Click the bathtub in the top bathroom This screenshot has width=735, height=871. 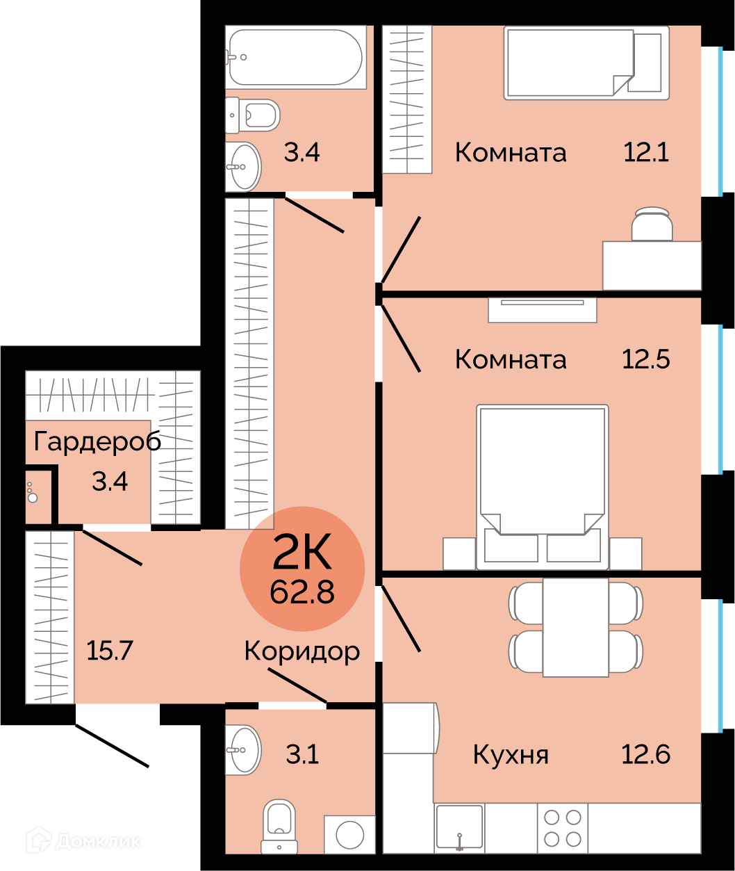[x=295, y=57]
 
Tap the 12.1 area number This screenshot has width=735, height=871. [x=646, y=152]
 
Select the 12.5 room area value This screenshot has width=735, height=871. [x=646, y=359]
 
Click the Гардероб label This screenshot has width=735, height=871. [x=97, y=441]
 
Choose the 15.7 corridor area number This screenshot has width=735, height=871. [x=109, y=650]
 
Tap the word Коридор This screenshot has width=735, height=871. [x=302, y=651]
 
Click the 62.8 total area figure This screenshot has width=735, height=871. [x=302, y=592]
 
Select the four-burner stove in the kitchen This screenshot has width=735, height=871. [x=563, y=828]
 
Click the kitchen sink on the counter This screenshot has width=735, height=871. [x=459, y=828]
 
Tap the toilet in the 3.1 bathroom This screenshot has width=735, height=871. [x=279, y=826]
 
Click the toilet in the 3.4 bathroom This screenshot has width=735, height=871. [x=252, y=115]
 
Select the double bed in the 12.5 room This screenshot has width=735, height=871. [x=542, y=487]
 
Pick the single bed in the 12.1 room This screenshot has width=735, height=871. [x=586, y=63]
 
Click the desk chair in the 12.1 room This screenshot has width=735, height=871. [x=652, y=225]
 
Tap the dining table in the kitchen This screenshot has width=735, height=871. [x=575, y=627]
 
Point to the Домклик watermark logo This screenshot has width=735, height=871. [x=83, y=839]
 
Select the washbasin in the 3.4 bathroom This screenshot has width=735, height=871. [x=243, y=166]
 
